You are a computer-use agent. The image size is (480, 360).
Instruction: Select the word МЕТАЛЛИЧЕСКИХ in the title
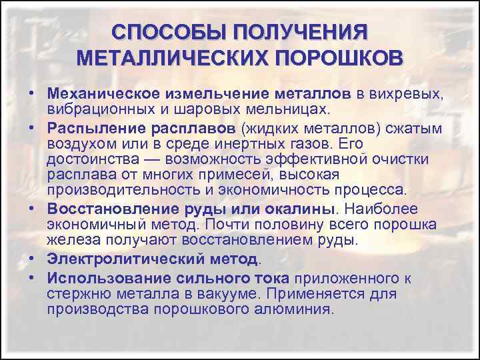(x=169, y=57)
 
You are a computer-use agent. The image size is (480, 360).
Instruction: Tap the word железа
(x=69, y=239)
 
